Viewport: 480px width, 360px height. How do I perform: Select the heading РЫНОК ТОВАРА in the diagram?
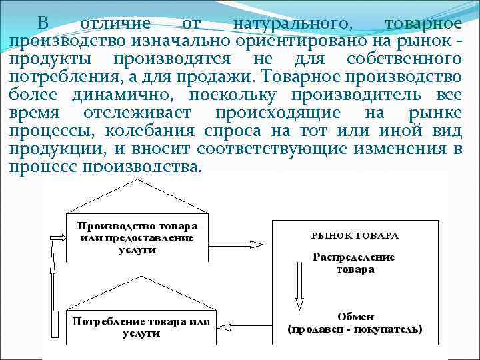[355, 235]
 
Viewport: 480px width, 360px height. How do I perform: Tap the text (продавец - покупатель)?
[355, 329]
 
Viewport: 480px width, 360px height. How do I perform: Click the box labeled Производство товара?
[138, 237]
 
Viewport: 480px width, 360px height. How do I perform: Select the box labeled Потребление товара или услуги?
[141, 327]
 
